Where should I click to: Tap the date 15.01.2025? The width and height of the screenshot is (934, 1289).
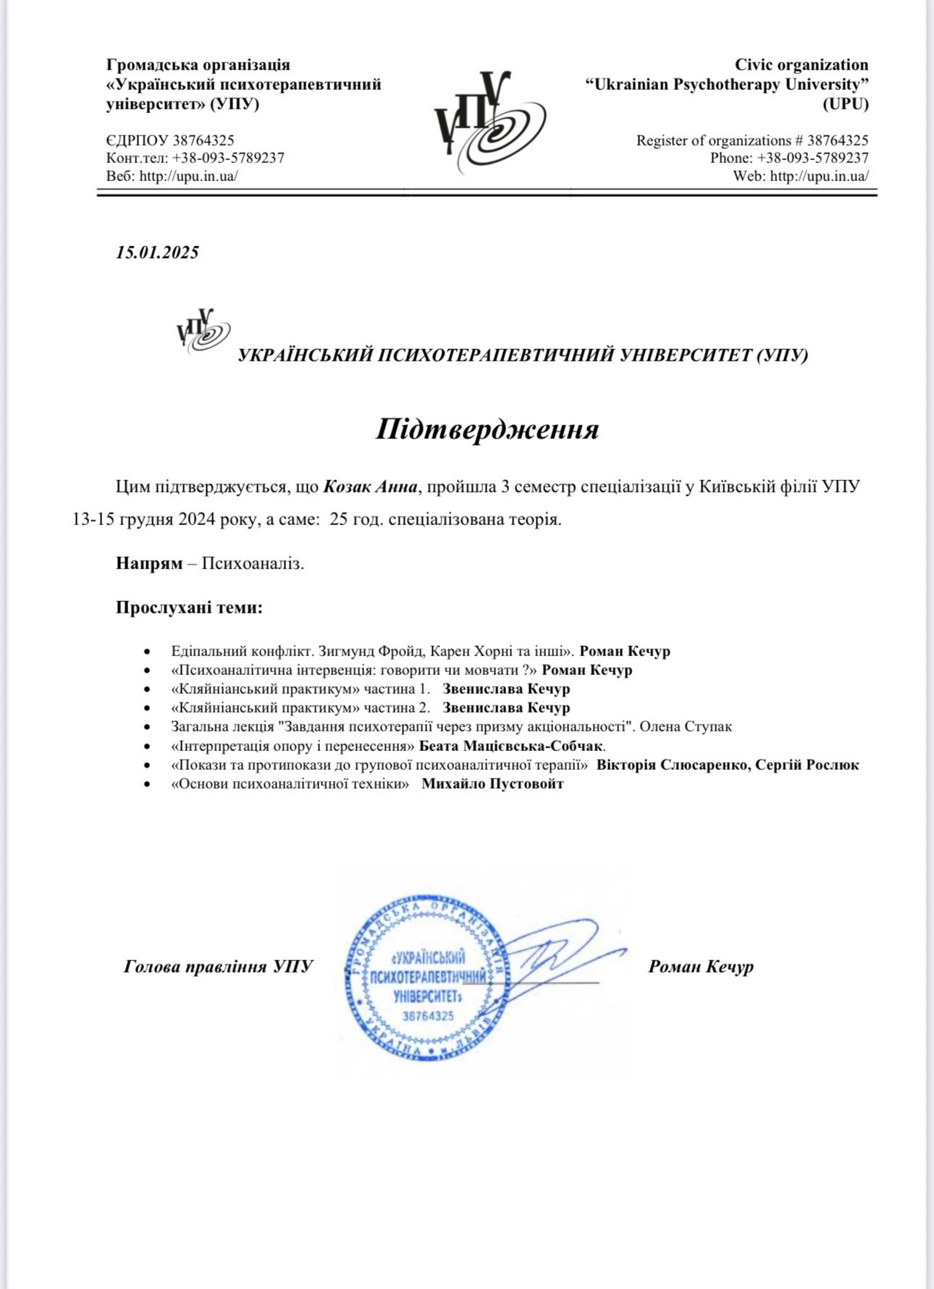tap(157, 253)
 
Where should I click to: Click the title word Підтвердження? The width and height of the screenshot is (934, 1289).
tap(487, 429)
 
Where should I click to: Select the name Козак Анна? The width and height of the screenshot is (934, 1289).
tap(370, 487)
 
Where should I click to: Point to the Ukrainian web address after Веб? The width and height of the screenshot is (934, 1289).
tap(188, 176)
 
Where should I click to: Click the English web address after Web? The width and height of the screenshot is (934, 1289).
tap(819, 176)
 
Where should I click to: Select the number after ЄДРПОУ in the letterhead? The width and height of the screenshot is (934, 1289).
tap(203, 140)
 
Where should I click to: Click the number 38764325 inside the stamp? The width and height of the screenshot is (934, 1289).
tap(428, 1016)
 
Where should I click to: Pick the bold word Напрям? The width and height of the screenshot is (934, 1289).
tap(149, 563)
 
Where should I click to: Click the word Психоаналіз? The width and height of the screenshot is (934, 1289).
tap(253, 563)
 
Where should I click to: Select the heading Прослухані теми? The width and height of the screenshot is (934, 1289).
tap(189, 608)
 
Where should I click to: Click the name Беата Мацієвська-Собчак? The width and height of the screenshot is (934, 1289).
tap(511, 745)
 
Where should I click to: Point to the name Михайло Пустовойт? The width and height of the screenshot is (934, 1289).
tap(492, 784)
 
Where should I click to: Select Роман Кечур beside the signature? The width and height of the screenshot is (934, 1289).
tap(701, 966)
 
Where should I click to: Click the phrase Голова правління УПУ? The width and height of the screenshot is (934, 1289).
tap(218, 966)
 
